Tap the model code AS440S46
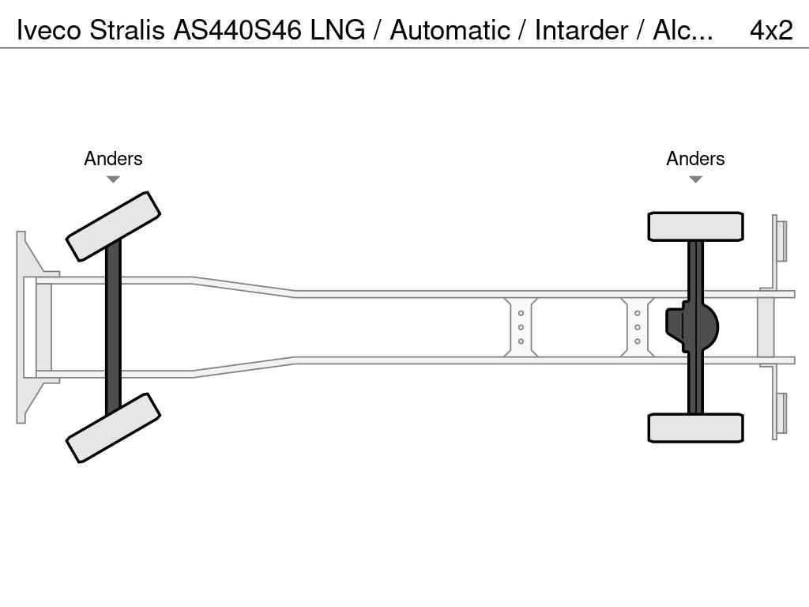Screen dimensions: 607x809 click(238, 30)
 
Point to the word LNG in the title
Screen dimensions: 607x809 click(338, 30)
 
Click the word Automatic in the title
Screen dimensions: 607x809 click(450, 30)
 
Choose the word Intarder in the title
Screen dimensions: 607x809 click(581, 30)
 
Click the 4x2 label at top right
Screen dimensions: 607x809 click(770, 30)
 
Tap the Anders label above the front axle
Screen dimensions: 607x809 click(113, 159)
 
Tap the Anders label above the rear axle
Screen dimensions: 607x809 click(695, 159)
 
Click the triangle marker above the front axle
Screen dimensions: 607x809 click(113, 179)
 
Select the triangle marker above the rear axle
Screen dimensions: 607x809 click(695, 179)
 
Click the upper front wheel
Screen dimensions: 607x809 click(113, 226)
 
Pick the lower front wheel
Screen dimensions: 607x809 click(113, 428)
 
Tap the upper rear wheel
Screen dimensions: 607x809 click(695, 226)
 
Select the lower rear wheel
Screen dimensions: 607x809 click(695, 428)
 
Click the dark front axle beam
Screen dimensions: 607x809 click(113, 326)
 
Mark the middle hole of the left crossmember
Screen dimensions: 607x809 click(521, 327)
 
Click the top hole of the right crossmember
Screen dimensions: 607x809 click(637, 314)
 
